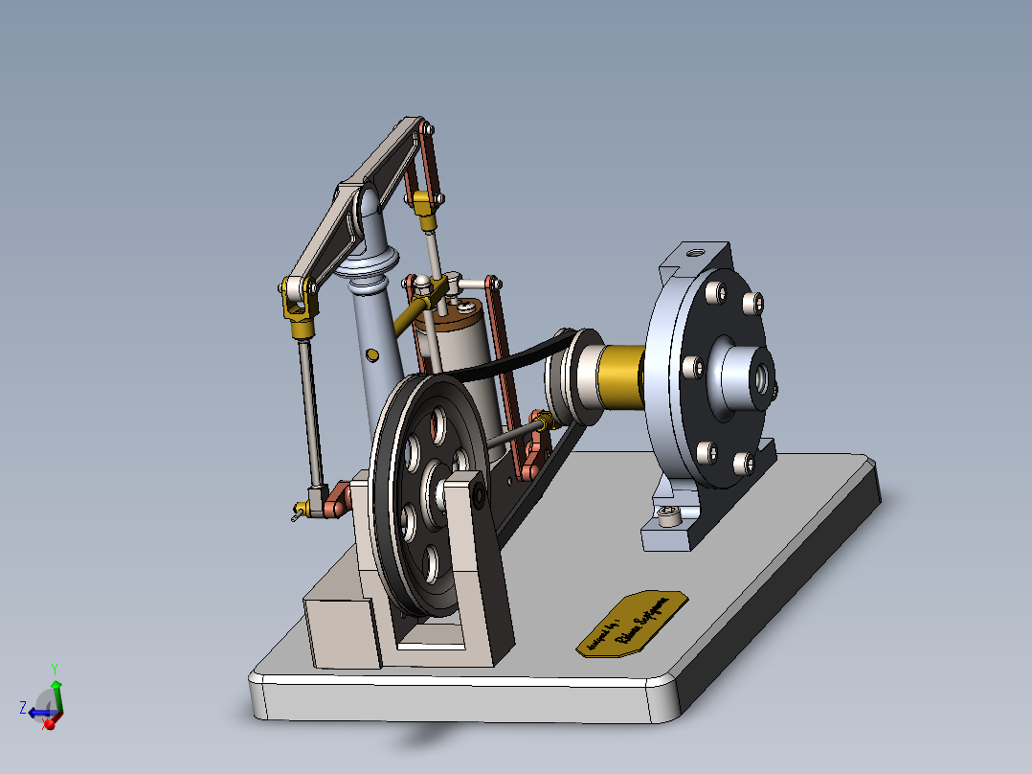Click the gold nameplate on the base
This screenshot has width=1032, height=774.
(x=632, y=624)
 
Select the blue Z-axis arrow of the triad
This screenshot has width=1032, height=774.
(x=36, y=712)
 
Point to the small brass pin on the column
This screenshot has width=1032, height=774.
(x=372, y=355)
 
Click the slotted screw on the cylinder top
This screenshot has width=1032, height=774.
(x=464, y=308)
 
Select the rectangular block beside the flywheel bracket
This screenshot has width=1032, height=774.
(x=339, y=627)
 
